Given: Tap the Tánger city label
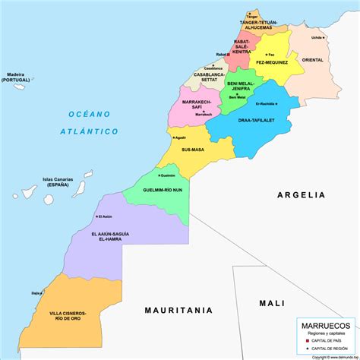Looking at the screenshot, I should click(x=251, y=16).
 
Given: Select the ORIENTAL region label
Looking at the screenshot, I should click(x=312, y=59).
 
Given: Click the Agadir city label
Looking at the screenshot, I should click(x=180, y=138).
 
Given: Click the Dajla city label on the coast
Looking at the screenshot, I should click(x=36, y=292).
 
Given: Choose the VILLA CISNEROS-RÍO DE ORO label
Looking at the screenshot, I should click(x=73, y=315).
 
